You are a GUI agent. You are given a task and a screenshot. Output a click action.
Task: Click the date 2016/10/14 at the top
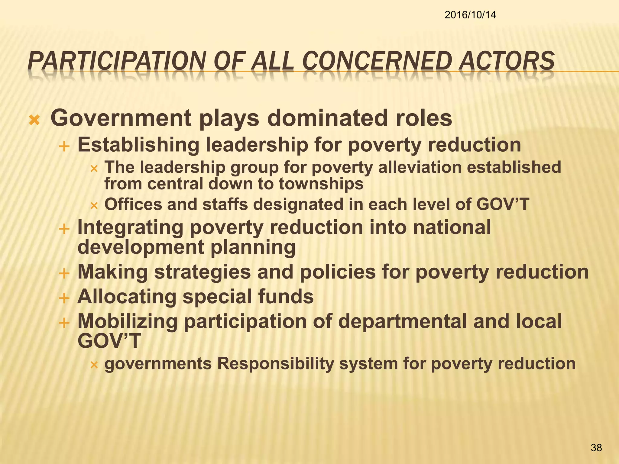point(470,14)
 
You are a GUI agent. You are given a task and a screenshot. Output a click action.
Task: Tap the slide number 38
point(596,447)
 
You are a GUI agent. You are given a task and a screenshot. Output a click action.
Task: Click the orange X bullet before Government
point(34,121)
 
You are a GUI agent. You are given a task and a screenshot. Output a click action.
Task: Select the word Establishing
point(138,145)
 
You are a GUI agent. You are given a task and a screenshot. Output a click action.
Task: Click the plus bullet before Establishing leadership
point(64,147)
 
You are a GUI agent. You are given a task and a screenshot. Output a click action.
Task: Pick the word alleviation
point(420,167)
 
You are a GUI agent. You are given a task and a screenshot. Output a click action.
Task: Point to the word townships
point(321,184)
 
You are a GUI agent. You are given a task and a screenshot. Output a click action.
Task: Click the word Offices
point(133,204)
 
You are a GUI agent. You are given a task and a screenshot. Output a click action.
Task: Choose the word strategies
point(203,272)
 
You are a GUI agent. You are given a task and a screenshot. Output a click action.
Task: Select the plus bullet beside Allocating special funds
point(64,299)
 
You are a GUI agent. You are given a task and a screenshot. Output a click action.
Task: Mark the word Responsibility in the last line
point(275,363)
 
